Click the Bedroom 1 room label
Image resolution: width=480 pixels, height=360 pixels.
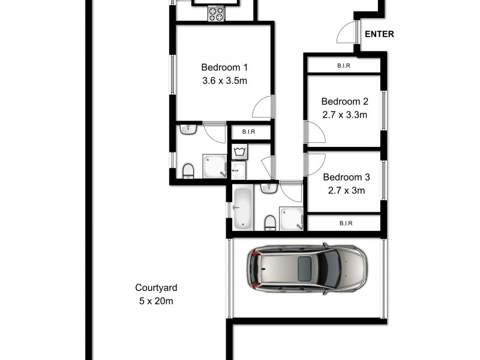(x=224, y=67)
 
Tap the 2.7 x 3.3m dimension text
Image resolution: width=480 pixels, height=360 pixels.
(x=344, y=115)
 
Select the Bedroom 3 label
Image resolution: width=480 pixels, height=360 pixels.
(x=346, y=178)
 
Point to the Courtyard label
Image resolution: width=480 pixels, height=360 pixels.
(x=155, y=288)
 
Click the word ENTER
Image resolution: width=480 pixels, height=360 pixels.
(x=379, y=34)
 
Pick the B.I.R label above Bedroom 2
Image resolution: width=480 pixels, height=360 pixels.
(x=344, y=66)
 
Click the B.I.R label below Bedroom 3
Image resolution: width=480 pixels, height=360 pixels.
(x=345, y=223)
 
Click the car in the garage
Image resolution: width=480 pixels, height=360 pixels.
(x=307, y=268)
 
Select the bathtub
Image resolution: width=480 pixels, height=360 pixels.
(x=242, y=208)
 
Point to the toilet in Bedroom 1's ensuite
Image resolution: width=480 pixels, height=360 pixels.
(x=188, y=171)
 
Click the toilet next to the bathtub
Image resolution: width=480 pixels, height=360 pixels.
(x=270, y=223)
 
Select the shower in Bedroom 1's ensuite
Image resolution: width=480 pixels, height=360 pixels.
(x=214, y=167)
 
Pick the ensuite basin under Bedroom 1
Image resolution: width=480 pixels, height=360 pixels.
(x=188, y=128)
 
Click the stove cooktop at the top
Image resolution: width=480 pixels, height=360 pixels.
(x=215, y=14)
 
